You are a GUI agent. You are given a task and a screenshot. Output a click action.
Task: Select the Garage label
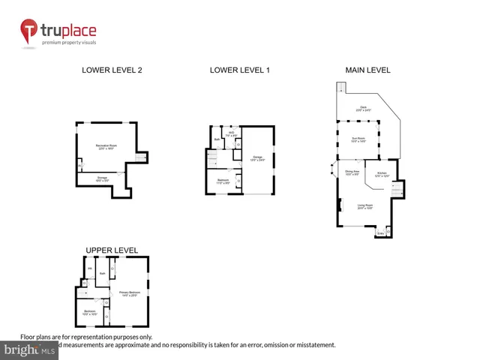pyautogui.click(x=257, y=158)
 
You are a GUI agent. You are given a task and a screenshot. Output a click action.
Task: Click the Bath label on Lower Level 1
pyautogui.click(x=217, y=139)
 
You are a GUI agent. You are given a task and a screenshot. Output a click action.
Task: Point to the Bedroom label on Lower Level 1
pyautogui.click(x=223, y=181)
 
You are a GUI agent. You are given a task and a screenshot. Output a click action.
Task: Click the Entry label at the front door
pyautogui.click(x=380, y=233)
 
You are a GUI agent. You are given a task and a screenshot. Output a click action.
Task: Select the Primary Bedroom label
pyautogui.click(x=130, y=293)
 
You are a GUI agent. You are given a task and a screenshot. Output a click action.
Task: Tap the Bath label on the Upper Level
pyautogui.click(x=101, y=274)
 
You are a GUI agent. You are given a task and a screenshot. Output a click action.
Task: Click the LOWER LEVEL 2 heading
pyautogui.click(x=112, y=70)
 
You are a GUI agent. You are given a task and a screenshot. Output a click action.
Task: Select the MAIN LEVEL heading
pyautogui.click(x=367, y=70)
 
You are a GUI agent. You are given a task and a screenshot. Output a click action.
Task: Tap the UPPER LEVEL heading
pyautogui.click(x=112, y=250)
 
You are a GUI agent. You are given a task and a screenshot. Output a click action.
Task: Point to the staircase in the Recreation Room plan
pyautogui.click(x=138, y=156)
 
